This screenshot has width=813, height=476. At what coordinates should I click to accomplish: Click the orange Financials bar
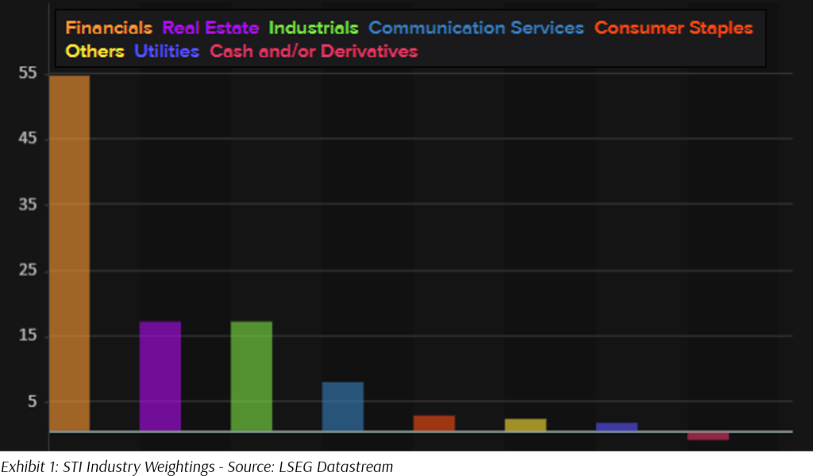(69, 254)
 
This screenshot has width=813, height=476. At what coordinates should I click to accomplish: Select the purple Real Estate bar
(160, 376)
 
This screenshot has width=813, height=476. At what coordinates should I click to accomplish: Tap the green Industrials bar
(252, 376)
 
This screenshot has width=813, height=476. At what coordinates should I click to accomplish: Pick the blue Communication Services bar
(343, 407)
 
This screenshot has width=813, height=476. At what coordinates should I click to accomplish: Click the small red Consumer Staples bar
(434, 424)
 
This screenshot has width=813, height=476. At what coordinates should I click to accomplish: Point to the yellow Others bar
(526, 425)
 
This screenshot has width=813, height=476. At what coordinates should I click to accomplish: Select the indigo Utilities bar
(617, 427)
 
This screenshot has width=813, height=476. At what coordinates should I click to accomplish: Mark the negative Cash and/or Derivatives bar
(708, 436)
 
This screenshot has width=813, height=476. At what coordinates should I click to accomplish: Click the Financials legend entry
(109, 28)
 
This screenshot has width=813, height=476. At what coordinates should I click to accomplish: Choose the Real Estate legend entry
(210, 28)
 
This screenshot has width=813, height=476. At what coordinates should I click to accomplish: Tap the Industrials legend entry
(314, 28)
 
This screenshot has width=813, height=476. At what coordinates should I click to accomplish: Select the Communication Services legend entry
(476, 28)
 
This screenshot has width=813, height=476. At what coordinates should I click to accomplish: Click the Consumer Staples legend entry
(673, 28)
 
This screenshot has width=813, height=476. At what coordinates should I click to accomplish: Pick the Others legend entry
(95, 52)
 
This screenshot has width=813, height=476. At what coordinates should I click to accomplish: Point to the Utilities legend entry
(167, 52)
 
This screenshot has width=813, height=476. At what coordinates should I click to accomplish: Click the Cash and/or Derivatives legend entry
(314, 52)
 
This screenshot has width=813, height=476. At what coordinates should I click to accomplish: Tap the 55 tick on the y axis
(28, 74)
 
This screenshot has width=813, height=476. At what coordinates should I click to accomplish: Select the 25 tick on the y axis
(28, 271)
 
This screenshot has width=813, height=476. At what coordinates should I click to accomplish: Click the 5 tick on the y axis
(32, 402)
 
